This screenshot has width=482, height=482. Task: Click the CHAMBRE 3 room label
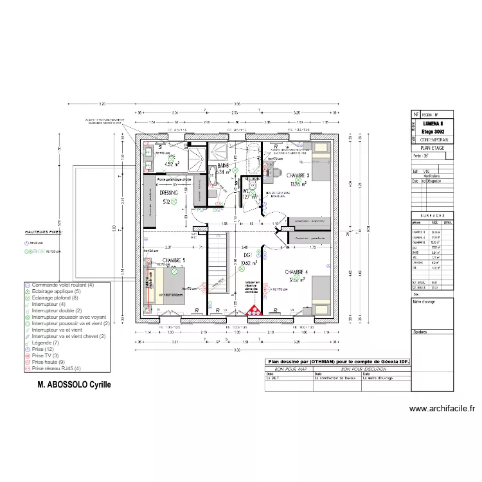[x=298, y=175]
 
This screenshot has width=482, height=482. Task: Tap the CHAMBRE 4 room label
[x=298, y=272]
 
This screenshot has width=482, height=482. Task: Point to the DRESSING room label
[x=169, y=193]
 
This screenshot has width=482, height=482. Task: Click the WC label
[x=246, y=191]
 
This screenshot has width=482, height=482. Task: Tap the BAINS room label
[x=223, y=165]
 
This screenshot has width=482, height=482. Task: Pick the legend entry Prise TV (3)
[x=45, y=355]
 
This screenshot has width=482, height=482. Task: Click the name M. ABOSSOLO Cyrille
[x=74, y=385]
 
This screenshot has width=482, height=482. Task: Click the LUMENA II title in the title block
[x=429, y=123]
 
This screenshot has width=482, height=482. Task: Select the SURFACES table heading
[x=429, y=216]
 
